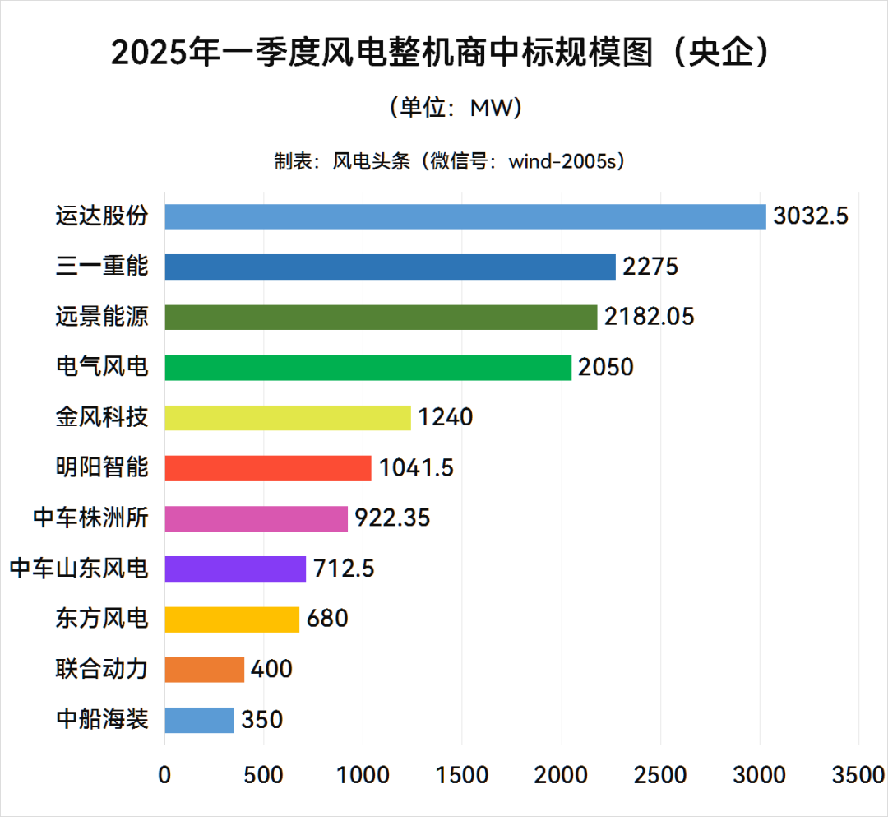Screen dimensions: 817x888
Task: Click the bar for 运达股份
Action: coord(465,216)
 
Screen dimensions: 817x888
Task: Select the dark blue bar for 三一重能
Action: coord(390,267)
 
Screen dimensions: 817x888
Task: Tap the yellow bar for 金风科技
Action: coord(288,417)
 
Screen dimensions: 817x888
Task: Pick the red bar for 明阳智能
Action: coord(268,467)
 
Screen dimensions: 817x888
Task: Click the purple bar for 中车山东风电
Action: coord(235,569)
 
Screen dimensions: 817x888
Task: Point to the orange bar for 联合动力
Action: coord(205,669)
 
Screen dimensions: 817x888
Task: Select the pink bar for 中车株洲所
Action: coord(257,518)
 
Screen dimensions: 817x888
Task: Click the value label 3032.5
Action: coord(810,217)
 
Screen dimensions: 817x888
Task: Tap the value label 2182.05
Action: coord(650,317)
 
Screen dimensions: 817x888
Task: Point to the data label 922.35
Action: coord(392,518)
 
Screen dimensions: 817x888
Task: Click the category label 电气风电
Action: coord(102,367)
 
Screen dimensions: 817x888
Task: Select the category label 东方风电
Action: coord(102,619)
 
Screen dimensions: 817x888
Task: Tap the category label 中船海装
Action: coord(102,719)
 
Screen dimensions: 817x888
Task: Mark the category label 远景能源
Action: coord(102,317)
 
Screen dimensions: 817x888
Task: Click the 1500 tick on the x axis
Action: coord(462,775)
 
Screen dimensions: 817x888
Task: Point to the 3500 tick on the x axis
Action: coord(858,775)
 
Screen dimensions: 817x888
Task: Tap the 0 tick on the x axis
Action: coord(165,775)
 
